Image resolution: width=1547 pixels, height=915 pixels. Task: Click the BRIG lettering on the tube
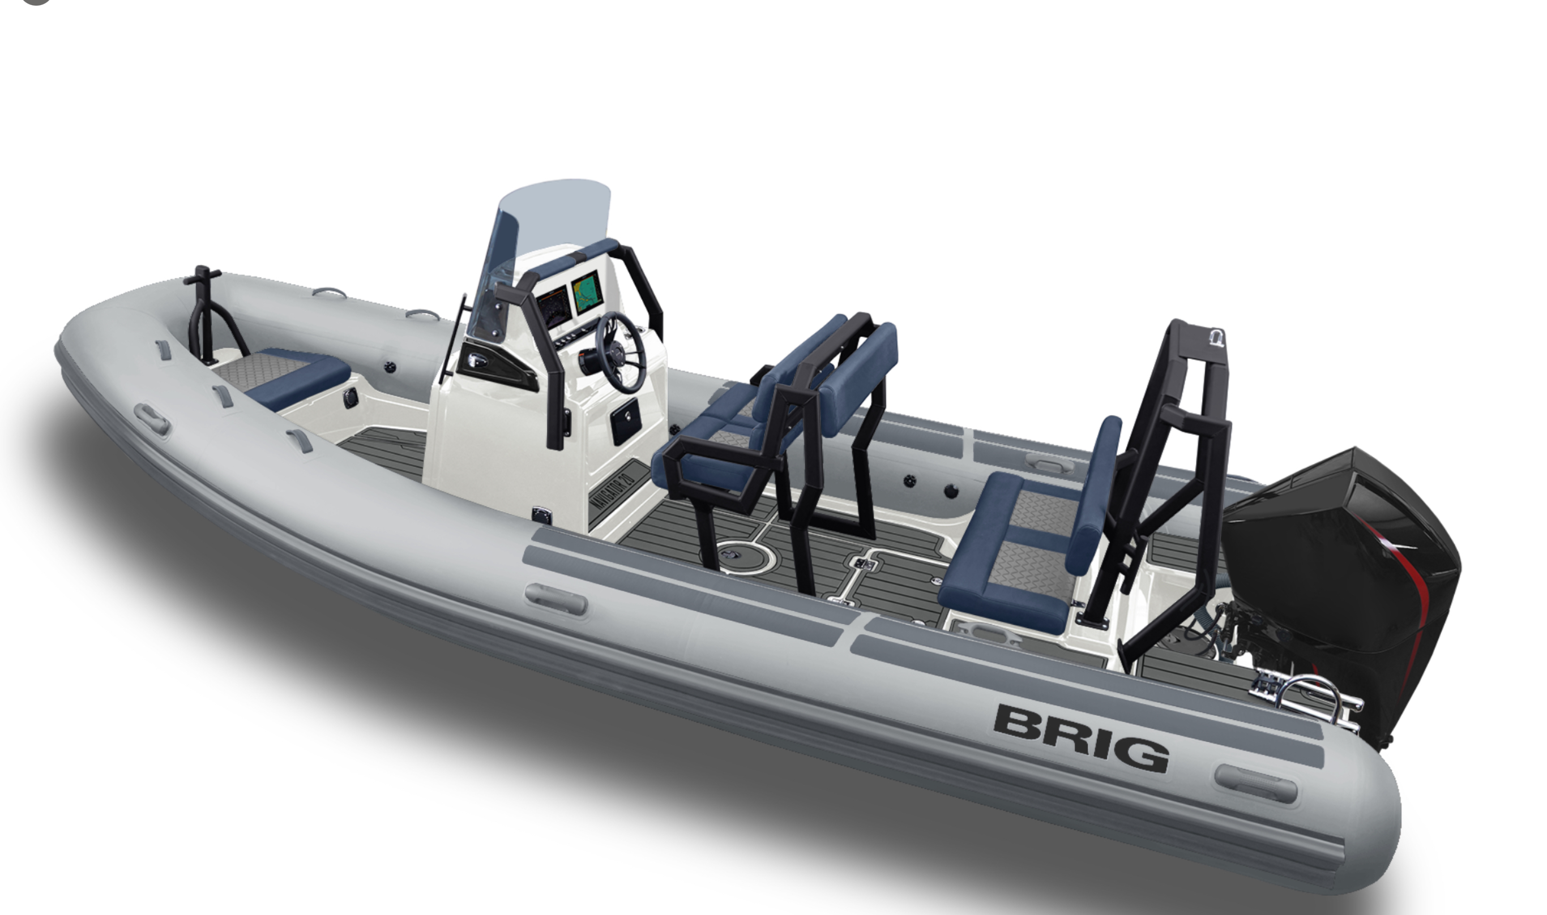(x=1080, y=738)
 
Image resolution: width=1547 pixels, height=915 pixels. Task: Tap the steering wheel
(x=620, y=352)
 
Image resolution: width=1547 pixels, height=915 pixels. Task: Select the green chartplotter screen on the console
(x=586, y=294)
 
